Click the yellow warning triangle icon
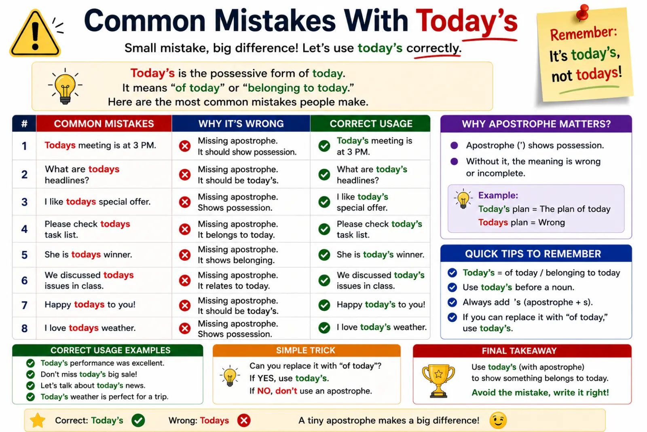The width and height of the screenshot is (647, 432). click(35, 34)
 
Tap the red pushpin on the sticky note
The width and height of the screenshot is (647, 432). click(582, 12)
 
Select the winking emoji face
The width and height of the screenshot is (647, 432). click(498, 420)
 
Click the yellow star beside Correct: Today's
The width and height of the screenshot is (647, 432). click(38, 420)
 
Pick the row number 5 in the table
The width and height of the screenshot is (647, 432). click(25, 255)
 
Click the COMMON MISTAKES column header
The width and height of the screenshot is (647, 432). click(104, 124)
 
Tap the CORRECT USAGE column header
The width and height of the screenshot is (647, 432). click(371, 124)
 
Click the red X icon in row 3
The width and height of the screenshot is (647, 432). click(185, 202)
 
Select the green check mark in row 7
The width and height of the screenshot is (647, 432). click(324, 305)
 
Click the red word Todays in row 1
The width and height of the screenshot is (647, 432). click(60, 145)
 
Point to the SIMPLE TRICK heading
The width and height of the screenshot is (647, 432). click(306, 351)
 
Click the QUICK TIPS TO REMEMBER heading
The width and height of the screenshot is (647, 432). click(533, 254)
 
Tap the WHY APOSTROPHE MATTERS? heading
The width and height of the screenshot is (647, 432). click(536, 124)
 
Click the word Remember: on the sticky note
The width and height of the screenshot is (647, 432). click(583, 34)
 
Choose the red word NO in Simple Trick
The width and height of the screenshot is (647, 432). click(264, 391)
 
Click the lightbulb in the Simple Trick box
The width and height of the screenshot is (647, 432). click(230, 376)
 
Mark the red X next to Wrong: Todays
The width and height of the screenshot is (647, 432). click(244, 420)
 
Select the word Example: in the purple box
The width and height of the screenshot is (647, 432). click(498, 196)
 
